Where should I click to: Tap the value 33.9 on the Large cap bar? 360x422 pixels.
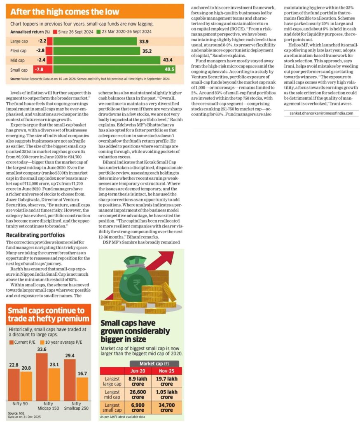click(144, 42)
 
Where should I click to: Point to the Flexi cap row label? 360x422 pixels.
click(19, 51)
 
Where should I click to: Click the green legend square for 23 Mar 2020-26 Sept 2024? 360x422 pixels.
click(98, 32)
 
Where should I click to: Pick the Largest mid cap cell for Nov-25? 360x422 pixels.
click(166, 394)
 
